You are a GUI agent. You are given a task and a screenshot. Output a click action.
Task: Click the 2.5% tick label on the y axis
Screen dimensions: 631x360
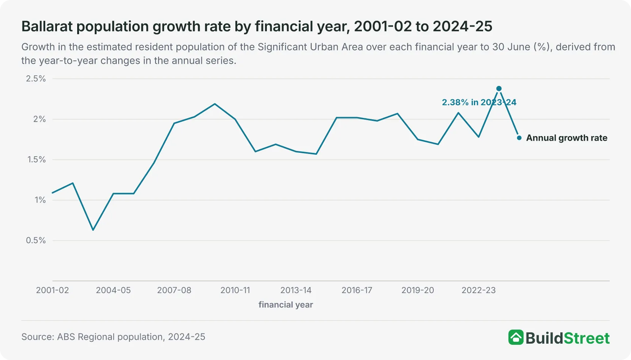pos(36,79)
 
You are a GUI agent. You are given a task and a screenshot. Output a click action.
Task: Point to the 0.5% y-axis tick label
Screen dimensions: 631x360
pos(36,240)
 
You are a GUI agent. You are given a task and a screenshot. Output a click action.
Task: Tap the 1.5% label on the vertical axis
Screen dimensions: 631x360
pos(36,159)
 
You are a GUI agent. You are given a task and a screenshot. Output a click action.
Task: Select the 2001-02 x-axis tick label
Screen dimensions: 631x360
pos(52,290)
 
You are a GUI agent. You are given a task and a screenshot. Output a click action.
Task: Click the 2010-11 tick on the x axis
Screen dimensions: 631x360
pos(235,290)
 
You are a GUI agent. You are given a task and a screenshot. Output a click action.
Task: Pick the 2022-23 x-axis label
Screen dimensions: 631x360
pos(479,290)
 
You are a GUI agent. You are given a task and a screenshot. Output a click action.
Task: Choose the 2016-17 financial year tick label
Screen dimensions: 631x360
pos(357,290)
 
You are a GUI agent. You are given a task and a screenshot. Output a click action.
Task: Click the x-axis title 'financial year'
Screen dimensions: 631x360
pos(285,305)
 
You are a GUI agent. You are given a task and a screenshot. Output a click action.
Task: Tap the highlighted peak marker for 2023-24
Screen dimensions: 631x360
pos(499,89)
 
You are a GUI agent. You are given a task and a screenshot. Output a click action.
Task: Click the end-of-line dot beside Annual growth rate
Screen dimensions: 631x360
pos(519,138)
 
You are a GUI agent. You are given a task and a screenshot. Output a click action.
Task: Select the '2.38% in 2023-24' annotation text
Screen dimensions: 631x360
pos(479,102)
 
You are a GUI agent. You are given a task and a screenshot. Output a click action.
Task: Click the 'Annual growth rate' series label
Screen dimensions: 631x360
pos(567,138)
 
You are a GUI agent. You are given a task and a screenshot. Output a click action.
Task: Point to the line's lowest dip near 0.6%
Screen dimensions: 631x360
pos(93,230)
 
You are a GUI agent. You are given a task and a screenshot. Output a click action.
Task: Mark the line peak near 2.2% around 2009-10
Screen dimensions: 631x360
pos(215,104)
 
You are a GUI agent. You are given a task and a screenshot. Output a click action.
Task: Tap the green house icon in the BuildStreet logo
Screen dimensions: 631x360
pos(516,337)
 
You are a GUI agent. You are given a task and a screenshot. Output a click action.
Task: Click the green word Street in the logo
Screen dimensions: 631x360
pos(587,338)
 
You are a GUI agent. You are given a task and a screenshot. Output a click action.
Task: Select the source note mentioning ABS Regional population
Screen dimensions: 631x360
pos(113,337)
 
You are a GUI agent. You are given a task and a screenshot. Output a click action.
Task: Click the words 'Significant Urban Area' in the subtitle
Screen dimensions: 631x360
pos(310,47)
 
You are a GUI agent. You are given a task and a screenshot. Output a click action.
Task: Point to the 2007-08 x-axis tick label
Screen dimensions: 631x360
pos(174,290)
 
